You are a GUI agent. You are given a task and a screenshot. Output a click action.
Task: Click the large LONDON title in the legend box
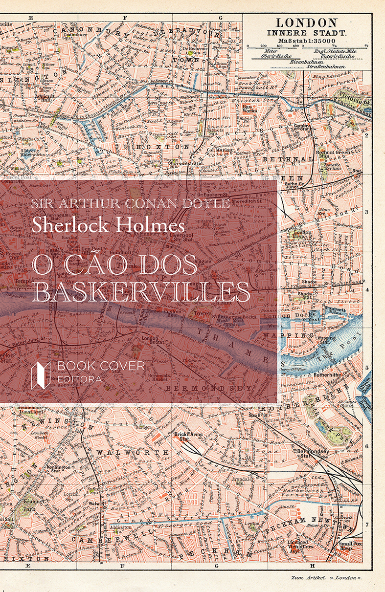[307, 22]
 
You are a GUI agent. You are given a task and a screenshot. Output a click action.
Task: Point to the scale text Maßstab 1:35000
[307, 41]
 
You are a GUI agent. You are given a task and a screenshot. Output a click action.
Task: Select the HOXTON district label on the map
[156, 146]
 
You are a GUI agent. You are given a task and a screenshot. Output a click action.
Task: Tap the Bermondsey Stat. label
[314, 453]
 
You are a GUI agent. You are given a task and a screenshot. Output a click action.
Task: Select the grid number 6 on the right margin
[367, 446]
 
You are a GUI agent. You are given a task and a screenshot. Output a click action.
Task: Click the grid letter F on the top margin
[125, 18]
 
